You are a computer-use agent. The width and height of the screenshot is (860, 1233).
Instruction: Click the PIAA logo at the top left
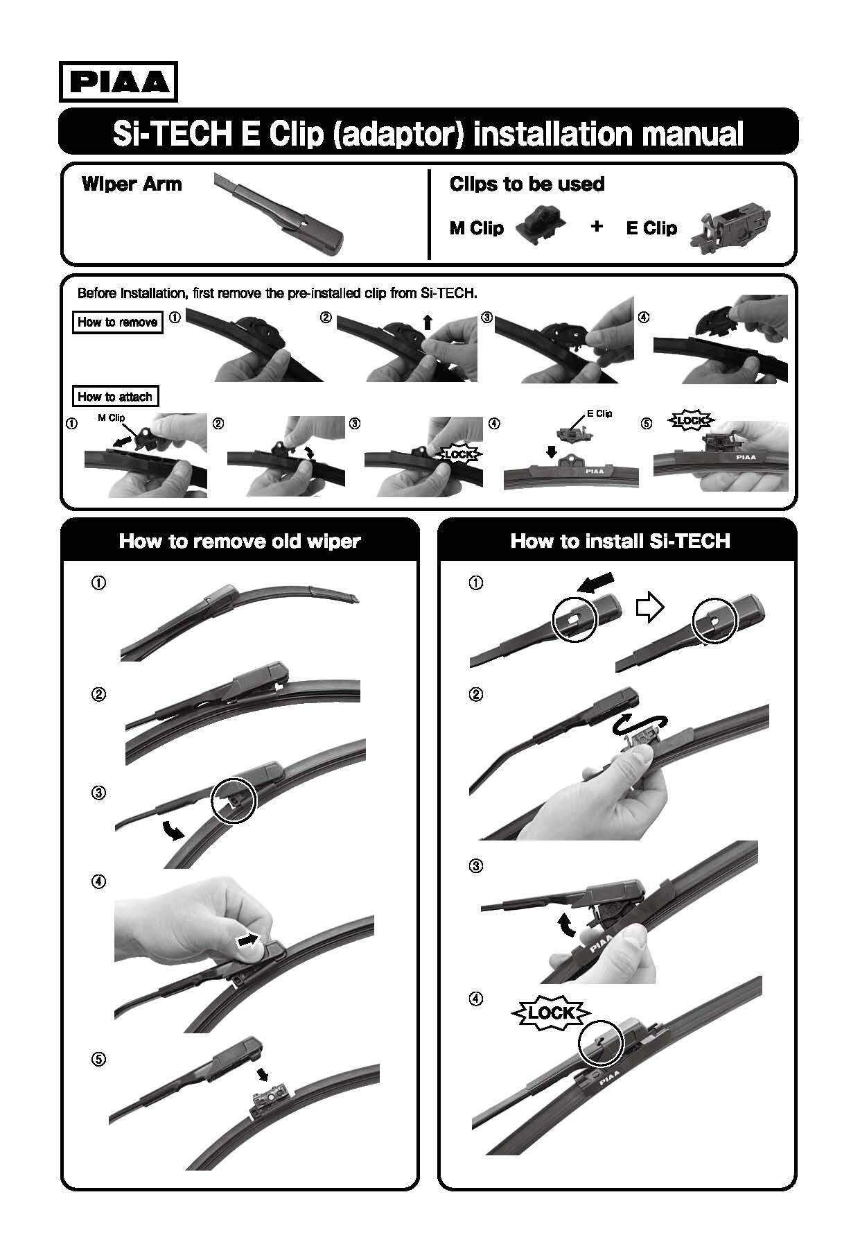[x=119, y=82]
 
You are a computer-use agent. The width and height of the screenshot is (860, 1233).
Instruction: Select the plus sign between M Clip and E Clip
[x=597, y=225]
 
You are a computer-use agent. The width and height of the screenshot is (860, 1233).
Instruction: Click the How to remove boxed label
[x=118, y=322]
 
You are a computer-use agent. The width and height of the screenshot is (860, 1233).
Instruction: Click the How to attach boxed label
[x=115, y=397]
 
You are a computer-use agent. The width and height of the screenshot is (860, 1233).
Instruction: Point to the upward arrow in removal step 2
[x=428, y=321]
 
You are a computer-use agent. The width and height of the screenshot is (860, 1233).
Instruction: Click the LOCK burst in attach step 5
[x=690, y=420]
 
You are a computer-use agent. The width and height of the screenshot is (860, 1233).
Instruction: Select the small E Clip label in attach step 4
[x=599, y=413]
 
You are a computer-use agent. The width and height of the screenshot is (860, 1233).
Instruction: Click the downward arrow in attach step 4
[x=551, y=451]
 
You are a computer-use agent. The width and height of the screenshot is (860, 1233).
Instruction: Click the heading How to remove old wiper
[x=240, y=541]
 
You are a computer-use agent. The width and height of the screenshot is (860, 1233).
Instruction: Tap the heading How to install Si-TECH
[x=620, y=541]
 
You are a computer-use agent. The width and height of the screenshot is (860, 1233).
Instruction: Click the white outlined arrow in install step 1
[x=650, y=608]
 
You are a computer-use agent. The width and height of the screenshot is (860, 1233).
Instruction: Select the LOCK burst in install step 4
[x=550, y=1013]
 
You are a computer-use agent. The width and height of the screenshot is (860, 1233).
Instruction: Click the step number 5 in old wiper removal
[x=99, y=1059]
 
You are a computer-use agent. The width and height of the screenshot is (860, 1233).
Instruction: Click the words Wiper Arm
[x=132, y=184]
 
